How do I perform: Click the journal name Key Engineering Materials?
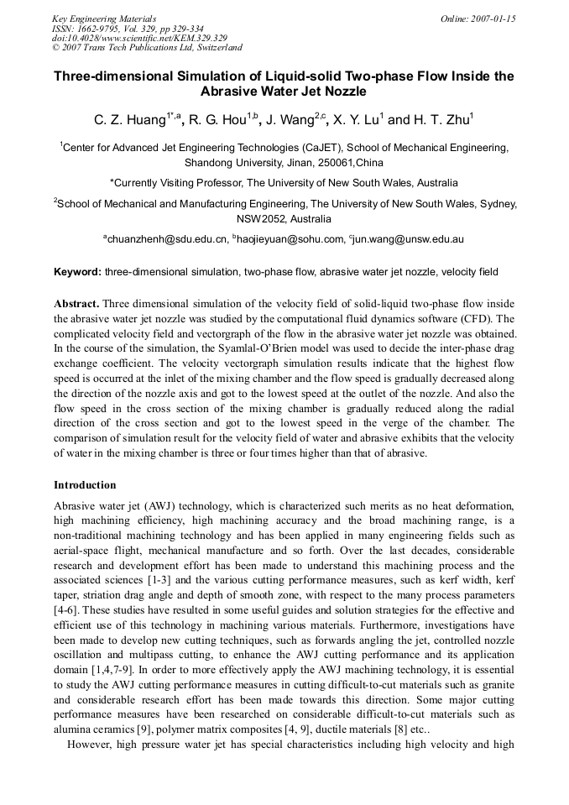pos(104,18)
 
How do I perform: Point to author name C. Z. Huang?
pos(129,121)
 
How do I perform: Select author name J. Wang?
pos(290,121)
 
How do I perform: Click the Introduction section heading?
pos(85,485)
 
